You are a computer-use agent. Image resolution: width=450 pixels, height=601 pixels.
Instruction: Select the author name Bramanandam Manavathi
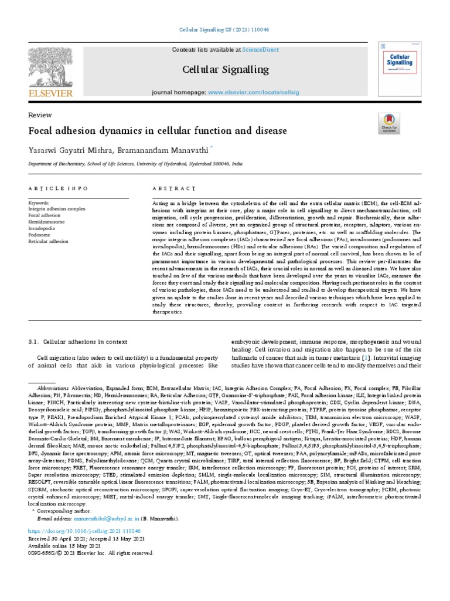click(x=154, y=149)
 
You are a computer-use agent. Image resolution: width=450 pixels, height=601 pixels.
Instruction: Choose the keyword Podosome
click(x=39, y=235)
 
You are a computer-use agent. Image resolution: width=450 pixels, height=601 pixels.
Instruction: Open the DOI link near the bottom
click(x=84, y=530)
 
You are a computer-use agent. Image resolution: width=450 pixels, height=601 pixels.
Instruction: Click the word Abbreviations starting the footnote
click(x=53, y=389)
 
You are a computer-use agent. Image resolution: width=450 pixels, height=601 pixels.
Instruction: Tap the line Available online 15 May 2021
click(x=60, y=545)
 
